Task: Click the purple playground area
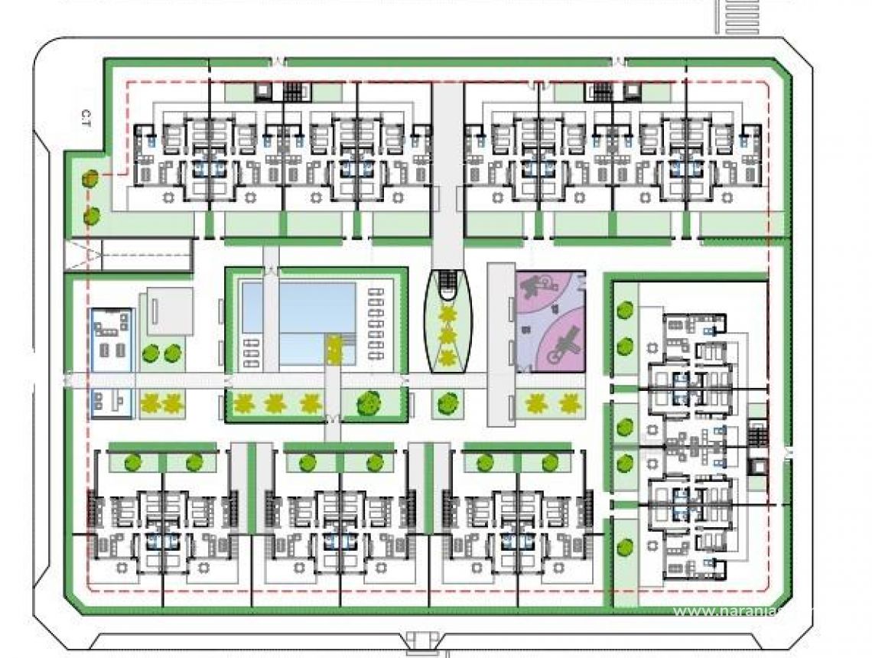[x=551, y=321]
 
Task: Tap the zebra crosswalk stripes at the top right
[x=738, y=15]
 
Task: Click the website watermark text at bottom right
[x=734, y=611]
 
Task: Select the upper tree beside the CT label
[x=90, y=179]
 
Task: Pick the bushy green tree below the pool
[x=369, y=402]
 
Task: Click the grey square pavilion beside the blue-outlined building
[x=169, y=309]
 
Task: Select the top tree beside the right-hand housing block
[x=626, y=310]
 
